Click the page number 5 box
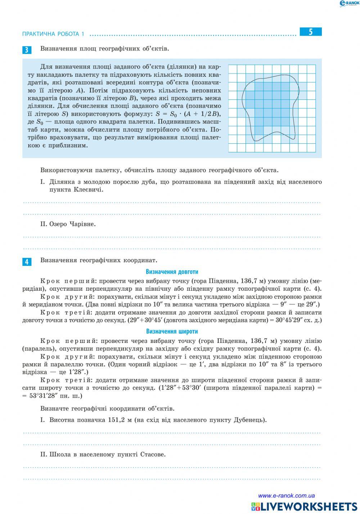[x=310, y=32]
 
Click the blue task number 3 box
[x=27, y=50]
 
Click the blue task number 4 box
[x=27, y=262]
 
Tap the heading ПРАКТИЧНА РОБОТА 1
[x=53, y=34]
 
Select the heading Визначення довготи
[x=172, y=272]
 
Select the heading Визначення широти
[x=172, y=331]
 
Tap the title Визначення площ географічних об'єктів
[x=104, y=49]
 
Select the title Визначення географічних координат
[x=99, y=260]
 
